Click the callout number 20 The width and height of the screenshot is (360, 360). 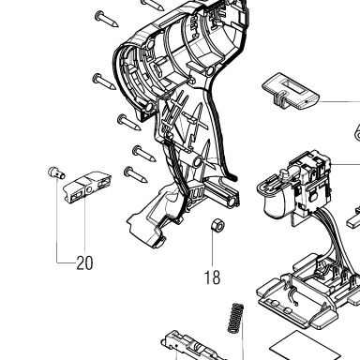[x=84, y=263]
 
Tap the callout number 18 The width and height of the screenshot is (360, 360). [x=212, y=277]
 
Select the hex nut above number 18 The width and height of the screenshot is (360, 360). [x=217, y=226]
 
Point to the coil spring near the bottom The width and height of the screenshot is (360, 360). [x=235, y=318]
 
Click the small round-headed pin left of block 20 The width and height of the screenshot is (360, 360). [x=56, y=172]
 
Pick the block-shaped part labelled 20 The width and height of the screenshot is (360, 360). [x=87, y=187]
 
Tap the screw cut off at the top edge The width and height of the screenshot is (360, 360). [x=152, y=4]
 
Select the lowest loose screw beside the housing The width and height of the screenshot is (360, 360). [x=136, y=174]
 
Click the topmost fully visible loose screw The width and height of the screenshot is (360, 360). [x=107, y=19]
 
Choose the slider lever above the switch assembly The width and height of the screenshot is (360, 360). [x=290, y=92]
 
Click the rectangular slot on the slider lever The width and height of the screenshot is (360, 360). [x=294, y=86]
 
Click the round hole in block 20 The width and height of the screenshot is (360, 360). [x=89, y=189]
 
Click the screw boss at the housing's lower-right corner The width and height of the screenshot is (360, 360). [x=231, y=201]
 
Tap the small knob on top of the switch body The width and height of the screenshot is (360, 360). [x=285, y=173]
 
